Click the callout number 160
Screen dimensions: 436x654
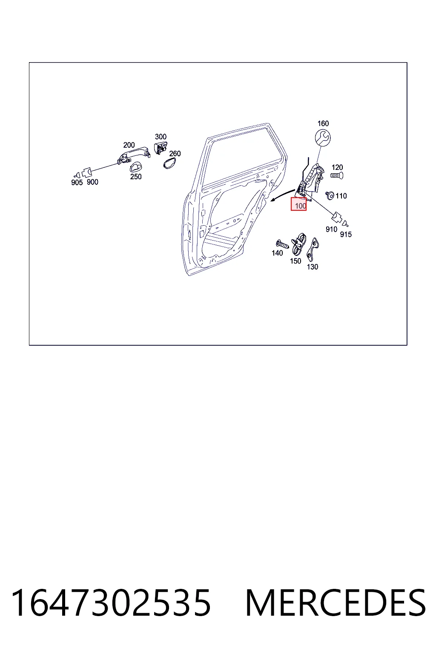pos(323,123)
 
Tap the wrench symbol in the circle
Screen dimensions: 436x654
pos(323,138)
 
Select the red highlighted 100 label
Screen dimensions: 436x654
pos(298,204)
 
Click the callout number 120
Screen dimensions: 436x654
pos(337,167)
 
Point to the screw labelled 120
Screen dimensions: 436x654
pos(337,175)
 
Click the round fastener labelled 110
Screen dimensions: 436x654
pos(330,195)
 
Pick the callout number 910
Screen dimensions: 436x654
pos(331,229)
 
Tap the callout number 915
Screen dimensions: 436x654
pos(346,234)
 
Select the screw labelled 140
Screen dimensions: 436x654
pos(282,244)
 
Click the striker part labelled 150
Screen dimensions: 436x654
pos(299,244)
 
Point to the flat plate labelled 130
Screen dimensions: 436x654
pos(313,249)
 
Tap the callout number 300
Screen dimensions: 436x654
pos(161,137)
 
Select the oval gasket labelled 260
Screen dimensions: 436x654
pos(169,163)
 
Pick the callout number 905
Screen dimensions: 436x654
pos(77,183)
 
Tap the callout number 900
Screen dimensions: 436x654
pos(92,182)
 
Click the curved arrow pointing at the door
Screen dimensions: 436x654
pos(282,195)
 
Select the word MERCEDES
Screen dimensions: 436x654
pos(336,603)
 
